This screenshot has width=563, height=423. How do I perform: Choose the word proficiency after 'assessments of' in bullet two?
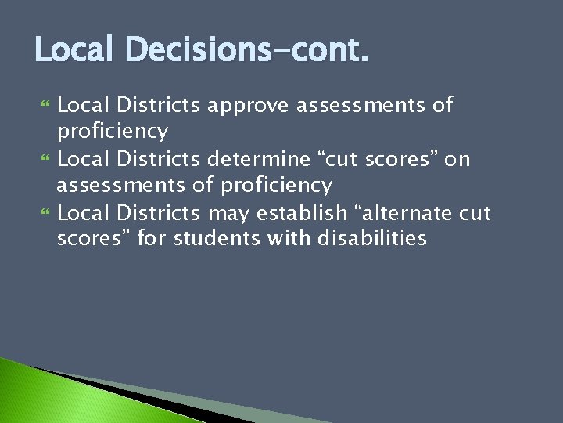click(x=276, y=186)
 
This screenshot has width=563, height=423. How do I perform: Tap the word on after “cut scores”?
click(x=457, y=160)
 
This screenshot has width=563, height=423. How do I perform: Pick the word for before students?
click(x=152, y=238)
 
